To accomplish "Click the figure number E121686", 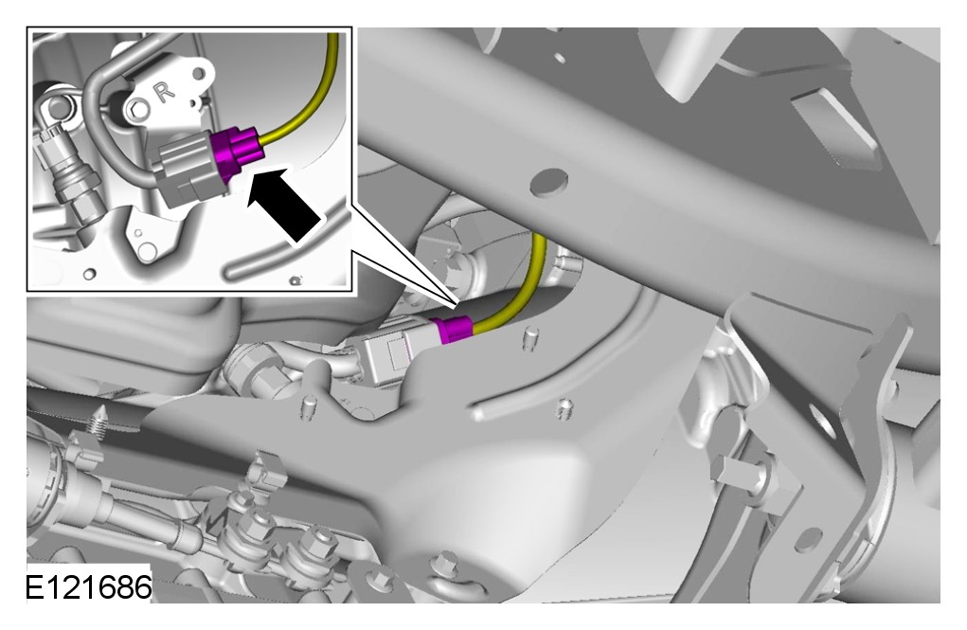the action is [x=89, y=586].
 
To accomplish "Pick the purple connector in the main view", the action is [x=452, y=328].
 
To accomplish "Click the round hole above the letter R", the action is [x=199, y=75].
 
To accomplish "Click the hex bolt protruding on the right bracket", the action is [x=738, y=473].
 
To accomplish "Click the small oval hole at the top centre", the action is [x=560, y=58].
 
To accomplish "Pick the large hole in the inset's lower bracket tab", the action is [x=147, y=251].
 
